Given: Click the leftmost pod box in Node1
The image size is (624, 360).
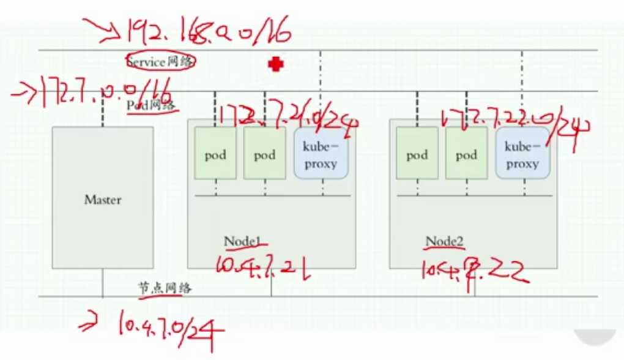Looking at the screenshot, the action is coord(215,154).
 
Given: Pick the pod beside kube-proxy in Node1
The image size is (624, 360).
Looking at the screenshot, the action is coord(264,154).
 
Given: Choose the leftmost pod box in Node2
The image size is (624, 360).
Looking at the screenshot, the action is coord(417,154).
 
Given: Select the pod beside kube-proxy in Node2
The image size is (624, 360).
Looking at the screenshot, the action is coord(466,154).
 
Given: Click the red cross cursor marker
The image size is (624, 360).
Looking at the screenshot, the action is coord(276,64).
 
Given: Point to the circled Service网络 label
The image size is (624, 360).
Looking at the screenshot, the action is coord(161,62).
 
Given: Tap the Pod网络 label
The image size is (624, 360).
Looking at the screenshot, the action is coord(152,105).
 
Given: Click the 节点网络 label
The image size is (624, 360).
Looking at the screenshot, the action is coord(164,287).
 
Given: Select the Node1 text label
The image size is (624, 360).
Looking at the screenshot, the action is coord(242,241).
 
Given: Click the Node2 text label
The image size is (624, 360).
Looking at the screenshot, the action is coord(444,241).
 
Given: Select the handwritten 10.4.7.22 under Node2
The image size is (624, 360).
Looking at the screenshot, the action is coord(474,270).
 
